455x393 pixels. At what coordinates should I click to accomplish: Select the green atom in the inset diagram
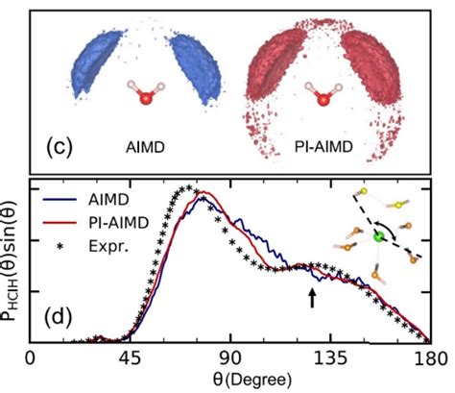tap(379, 233)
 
